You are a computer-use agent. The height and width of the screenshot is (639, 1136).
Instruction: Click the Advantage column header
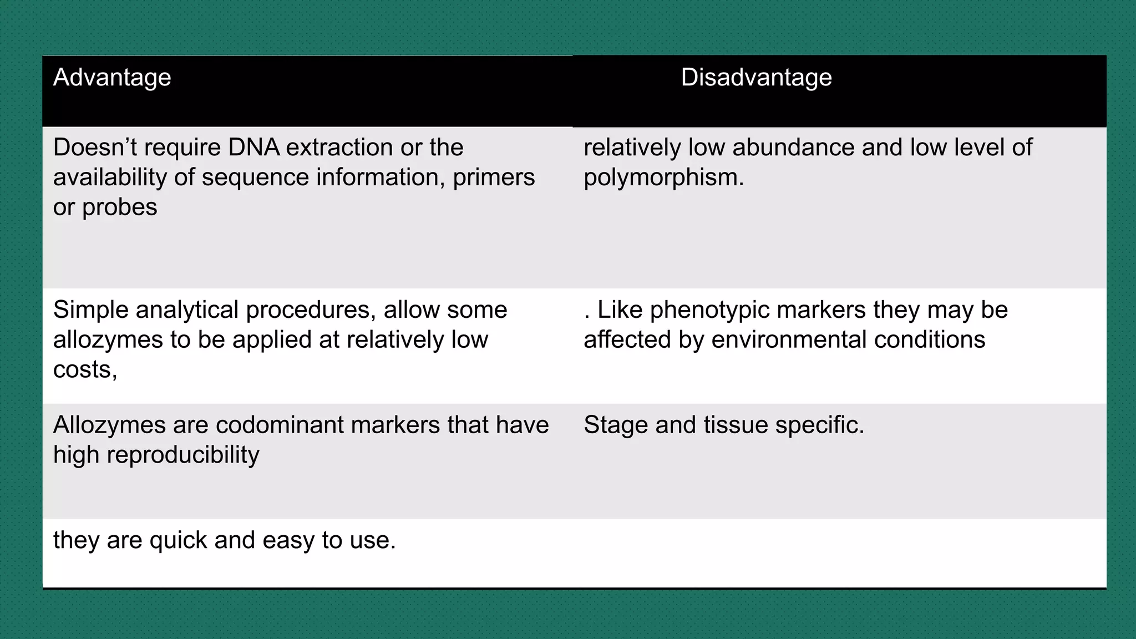click(112, 78)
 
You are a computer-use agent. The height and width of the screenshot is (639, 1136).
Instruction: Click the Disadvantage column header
click(756, 78)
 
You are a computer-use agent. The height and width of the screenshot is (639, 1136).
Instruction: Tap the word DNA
click(253, 148)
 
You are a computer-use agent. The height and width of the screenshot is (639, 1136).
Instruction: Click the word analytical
click(187, 310)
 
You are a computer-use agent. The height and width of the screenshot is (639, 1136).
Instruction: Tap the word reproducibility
click(182, 455)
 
